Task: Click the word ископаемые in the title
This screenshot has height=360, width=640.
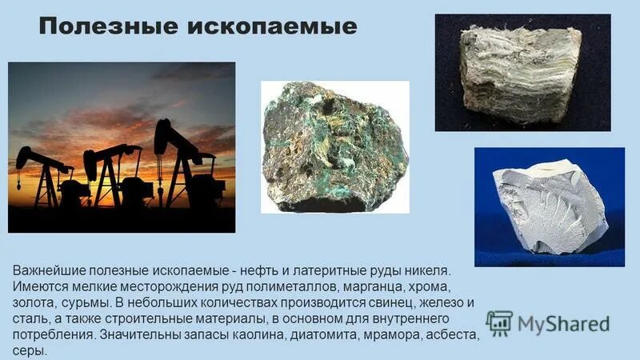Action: tap(271, 27)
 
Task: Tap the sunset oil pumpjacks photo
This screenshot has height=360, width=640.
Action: tap(122, 147)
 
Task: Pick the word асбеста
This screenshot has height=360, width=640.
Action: tap(462, 335)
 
